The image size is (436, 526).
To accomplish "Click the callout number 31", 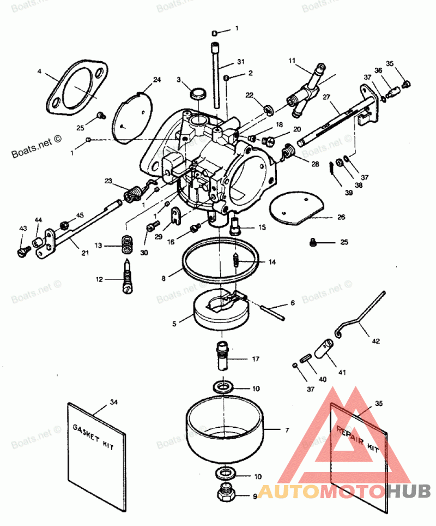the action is click(x=241, y=61).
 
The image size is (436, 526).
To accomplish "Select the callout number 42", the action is click(x=376, y=342).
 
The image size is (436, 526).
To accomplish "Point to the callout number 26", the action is click(x=341, y=217).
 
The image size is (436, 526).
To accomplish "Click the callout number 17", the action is click(x=256, y=360).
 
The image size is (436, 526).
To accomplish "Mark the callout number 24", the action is click(x=157, y=80).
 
